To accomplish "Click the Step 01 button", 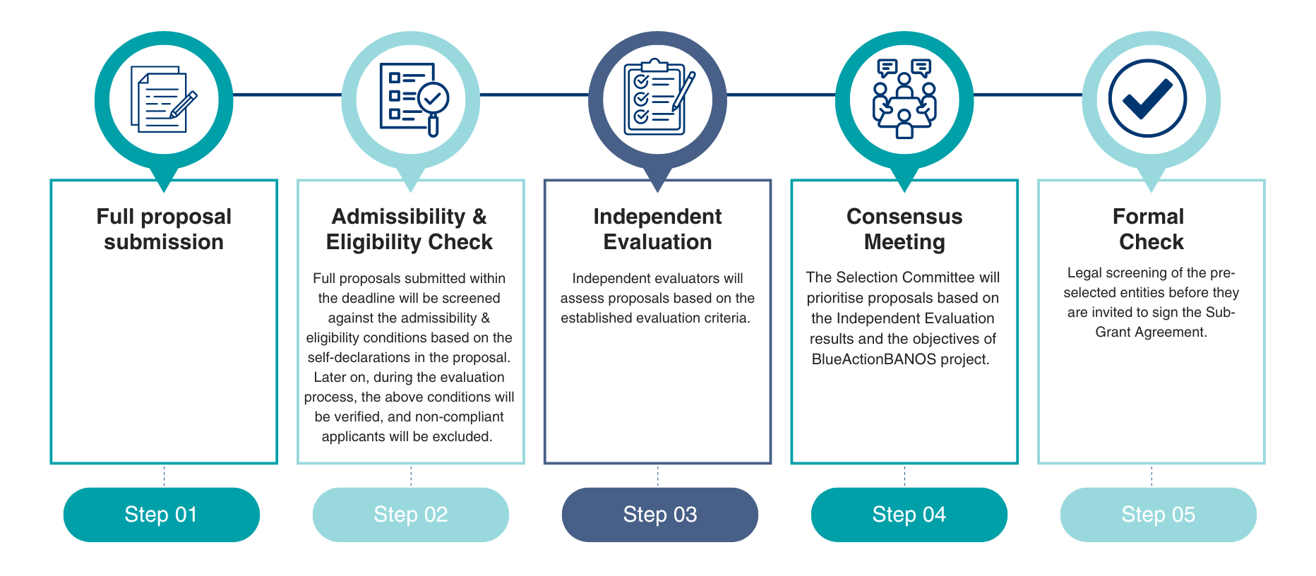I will pos(161,515).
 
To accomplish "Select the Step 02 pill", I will pos(410,515).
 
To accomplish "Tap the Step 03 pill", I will pos(659,515).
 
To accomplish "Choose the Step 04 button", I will pos(909,515).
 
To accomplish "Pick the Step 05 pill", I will pos(1158,515).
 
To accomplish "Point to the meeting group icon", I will pos(904,98).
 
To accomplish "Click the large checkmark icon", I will pos(1147,98).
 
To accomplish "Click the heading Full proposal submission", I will pos(164,229).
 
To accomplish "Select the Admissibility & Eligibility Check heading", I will pos(409,229).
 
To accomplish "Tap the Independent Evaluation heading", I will pos(657,229).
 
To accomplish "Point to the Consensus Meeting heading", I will pos(904,229).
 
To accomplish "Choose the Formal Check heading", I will pos(1150,229).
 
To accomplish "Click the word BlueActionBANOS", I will pos(873,359).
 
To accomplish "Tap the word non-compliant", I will pos(460,417).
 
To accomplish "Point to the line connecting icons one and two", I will pos(287,94).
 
